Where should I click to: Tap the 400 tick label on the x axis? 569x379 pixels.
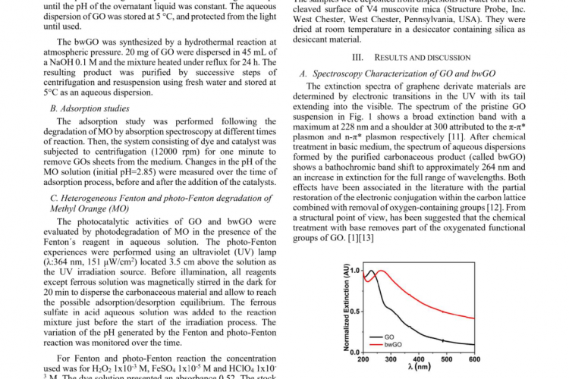click(420, 359)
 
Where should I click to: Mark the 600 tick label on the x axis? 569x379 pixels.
click(475, 359)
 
